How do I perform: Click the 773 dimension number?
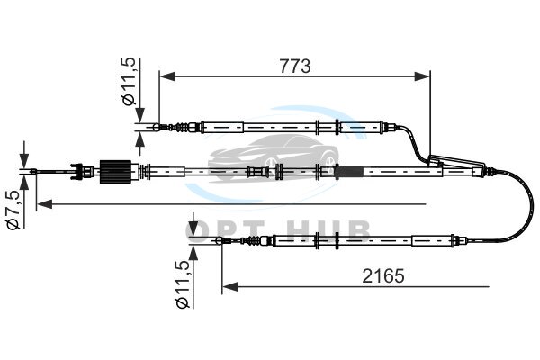coord(295,66)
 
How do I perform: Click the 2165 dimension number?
coord(383,275)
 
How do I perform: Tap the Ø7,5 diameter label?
coord(15,210)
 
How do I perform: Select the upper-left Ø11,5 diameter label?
coord(129,81)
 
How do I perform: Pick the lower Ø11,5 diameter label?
coord(183,284)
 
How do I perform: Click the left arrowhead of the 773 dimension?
coord(167,76)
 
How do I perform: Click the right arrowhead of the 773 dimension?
coord(422,76)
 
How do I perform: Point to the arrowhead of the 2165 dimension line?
coord(230,286)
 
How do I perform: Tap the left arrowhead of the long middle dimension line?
coord(45,204)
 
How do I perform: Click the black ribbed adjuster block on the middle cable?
coord(115,172)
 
